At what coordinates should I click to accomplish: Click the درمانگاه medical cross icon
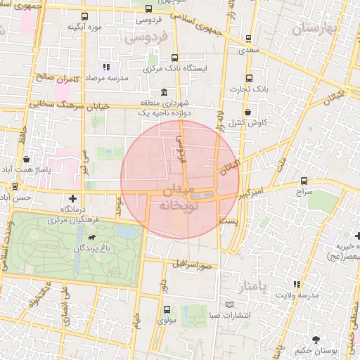pyautogui.click(x=73, y=199)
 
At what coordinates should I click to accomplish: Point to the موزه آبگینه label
pyautogui.click(x=85, y=27)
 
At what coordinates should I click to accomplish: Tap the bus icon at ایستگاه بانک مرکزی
pyautogui.click(x=174, y=59)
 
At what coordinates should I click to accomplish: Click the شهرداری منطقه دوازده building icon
pyautogui.click(x=164, y=93)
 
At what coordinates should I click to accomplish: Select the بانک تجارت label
pyautogui.click(x=249, y=89)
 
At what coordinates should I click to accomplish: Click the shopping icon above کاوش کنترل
pyautogui.click(x=247, y=112)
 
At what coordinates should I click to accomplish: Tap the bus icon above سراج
pyautogui.click(x=303, y=181)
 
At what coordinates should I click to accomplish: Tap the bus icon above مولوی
pyautogui.click(x=167, y=309)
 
